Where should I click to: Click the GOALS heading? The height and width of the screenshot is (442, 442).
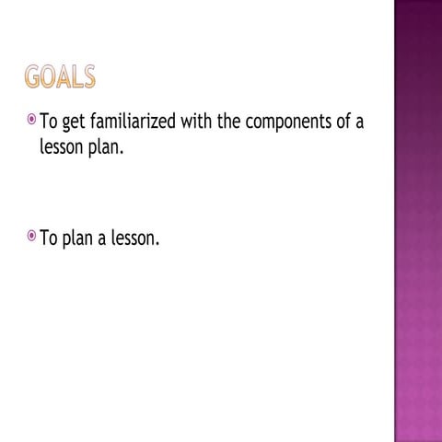(x=60, y=78)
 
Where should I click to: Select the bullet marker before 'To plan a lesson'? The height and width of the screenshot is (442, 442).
(x=31, y=237)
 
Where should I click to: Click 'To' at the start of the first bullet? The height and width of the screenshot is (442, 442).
(x=47, y=123)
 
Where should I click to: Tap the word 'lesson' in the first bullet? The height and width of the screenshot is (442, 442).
(x=63, y=148)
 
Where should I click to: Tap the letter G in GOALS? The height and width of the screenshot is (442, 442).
(x=33, y=78)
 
